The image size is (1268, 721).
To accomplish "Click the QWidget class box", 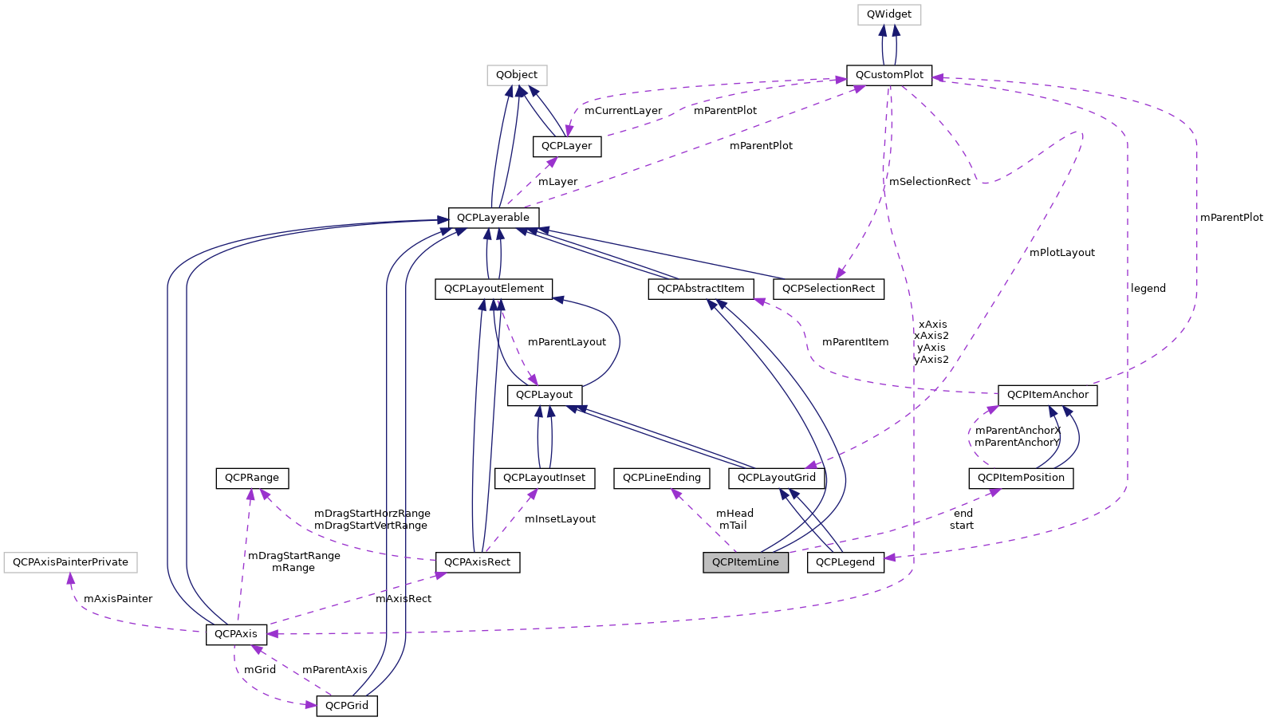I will [888, 14].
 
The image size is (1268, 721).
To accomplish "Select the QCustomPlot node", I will [888, 75].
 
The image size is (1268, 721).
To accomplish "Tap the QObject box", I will [517, 75].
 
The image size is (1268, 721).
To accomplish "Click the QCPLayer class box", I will [566, 146].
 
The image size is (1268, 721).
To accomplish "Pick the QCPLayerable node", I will [493, 218].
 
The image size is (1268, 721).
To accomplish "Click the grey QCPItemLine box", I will [745, 562].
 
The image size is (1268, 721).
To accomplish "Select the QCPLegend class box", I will [845, 562].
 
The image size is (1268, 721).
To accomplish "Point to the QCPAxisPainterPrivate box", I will [70, 562].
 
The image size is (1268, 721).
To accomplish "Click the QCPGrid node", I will [347, 706].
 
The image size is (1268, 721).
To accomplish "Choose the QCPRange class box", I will [251, 478].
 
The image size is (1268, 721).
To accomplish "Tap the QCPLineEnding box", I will [661, 478].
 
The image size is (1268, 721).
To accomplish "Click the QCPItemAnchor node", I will [1047, 395].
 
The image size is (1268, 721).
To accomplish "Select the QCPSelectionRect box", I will [828, 289].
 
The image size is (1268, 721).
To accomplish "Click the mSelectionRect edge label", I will [929, 182].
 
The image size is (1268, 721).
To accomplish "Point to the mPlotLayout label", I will [1061, 253].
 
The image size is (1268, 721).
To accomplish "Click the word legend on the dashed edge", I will [1148, 289].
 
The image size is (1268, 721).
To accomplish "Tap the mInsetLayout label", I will [560, 519].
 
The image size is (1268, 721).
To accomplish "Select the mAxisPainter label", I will [117, 599].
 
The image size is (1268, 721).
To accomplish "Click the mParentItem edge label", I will [855, 342].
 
